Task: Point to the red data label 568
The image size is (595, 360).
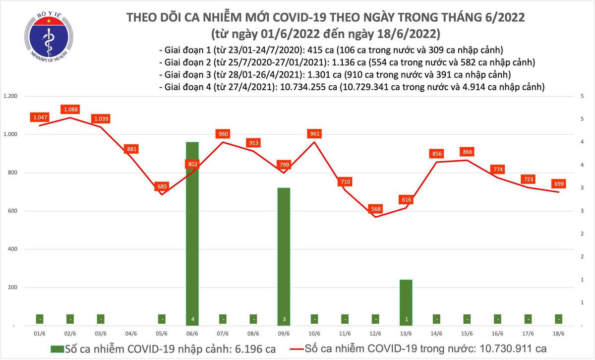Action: pyautogui.click(x=376, y=209)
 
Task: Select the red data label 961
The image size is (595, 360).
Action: pyautogui.click(x=314, y=133)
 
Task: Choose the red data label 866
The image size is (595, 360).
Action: pyautogui.click(x=467, y=152)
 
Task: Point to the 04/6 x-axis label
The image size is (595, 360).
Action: pyautogui.click(x=131, y=334)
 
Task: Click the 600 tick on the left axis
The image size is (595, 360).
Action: pyautogui.click(x=14, y=211)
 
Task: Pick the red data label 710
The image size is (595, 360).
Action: pyautogui.click(x=345, y=182)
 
